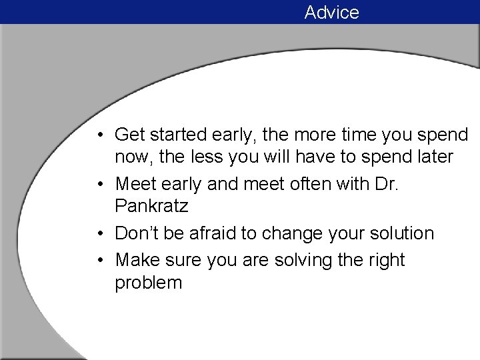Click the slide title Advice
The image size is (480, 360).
tap(331, 12)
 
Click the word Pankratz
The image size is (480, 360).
tap(151, 207)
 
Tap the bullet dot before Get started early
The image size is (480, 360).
tap(98, 135)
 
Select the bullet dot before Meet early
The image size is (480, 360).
tap(98, 185)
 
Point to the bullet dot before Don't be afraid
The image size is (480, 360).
tap(98, 234)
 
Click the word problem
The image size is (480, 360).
tap(148, 283)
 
